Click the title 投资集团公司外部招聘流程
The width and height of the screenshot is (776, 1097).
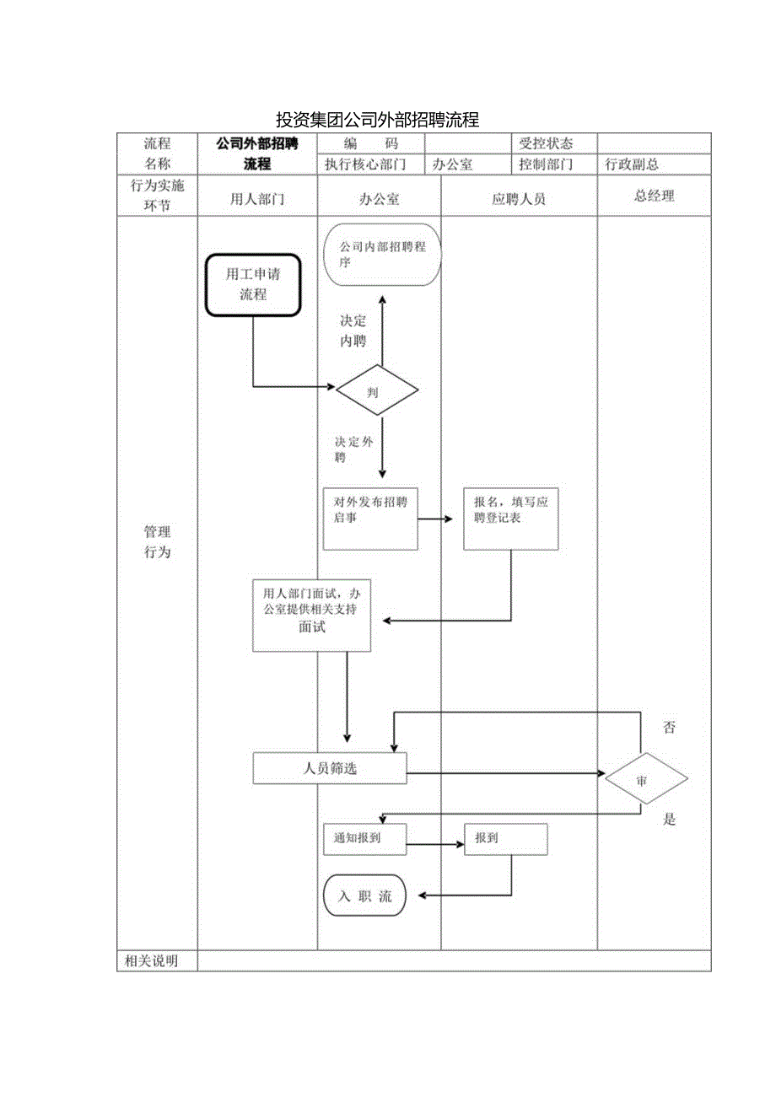tap(377, 119)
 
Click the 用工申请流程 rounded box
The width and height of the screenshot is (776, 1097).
tap(253, 285)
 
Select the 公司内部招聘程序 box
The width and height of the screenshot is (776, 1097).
tap(382, 255)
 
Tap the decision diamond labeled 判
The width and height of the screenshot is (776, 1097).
tap(377, 391)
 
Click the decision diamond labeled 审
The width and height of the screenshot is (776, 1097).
tap(645, 778)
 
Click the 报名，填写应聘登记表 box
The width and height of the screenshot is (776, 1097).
tap(510, 519)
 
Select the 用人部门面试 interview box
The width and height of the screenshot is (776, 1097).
tap(311, 615)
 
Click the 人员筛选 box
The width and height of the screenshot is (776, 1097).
tap(330, 768)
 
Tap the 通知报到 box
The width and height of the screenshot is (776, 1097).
tap(364, 839)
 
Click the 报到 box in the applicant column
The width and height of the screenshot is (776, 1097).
tap(505, 839)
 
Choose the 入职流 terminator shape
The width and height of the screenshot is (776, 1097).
tap(364, 896)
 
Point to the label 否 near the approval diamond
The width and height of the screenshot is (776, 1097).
tap(669, 728)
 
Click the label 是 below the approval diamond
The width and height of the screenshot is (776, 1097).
tap(669, 820)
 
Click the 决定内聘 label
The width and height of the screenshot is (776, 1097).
tap(353, 331)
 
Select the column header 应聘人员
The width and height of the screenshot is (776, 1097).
tap(519, 199)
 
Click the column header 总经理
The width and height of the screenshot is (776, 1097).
tap(654, 196)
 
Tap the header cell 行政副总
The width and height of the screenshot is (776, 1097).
tap(632, 164)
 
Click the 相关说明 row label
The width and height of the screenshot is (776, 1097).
tap(151, 961)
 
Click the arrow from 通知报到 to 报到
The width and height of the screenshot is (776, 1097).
tap(435, 844)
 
